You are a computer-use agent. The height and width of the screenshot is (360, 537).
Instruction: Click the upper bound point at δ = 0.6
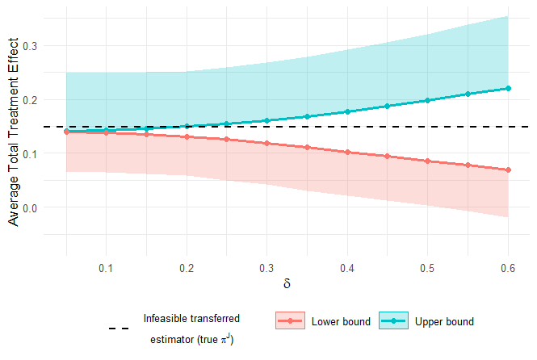tap(508, 88)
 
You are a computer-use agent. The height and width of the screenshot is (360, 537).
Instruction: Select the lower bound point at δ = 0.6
tap(508, 170)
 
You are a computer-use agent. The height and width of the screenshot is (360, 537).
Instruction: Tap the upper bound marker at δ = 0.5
tap(428, 100)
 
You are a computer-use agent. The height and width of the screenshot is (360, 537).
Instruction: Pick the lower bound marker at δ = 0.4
tap(347, 152)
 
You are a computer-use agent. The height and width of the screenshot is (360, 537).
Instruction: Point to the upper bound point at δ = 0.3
tap(266, 120)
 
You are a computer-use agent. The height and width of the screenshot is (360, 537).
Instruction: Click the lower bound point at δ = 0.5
tap(428, 161)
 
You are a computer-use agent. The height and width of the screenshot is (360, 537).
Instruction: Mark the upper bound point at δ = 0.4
tap(347, 111)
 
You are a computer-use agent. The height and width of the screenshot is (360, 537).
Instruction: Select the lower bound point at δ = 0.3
tap(266, 143)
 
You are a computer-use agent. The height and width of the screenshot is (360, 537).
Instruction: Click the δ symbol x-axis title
tap(287, 284)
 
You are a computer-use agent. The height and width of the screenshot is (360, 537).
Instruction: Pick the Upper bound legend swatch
tap(394, 321)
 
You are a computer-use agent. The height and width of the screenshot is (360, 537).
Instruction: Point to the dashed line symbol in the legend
tap(118, 329)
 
